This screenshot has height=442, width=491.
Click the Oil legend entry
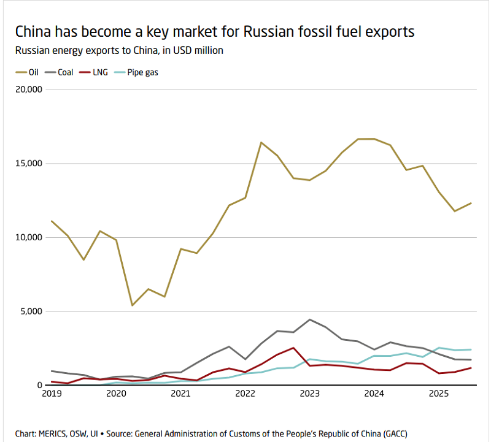pos(28,72)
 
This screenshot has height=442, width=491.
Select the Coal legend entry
pos(61,72)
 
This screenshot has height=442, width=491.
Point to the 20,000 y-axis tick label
pos(27,90)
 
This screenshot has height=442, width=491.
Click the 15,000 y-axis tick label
pos(27,164)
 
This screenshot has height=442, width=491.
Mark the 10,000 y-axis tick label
pos(27,238)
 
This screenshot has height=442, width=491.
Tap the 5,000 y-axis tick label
pos(29,311)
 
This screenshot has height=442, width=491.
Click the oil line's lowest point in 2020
pos(133,305)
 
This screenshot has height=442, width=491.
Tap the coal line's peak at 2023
pos(310,319)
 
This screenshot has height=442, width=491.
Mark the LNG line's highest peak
pos(294,348)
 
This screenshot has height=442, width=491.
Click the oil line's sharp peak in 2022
pos(261,142)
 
